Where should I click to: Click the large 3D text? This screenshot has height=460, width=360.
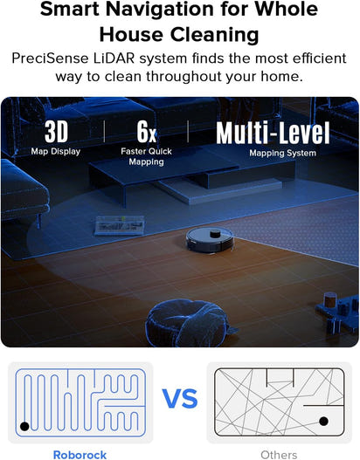coord(56,133)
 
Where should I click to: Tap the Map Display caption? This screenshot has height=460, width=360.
coord(56,151)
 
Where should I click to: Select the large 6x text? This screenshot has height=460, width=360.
coord(146,133)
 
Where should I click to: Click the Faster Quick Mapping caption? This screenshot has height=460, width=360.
coord(146,156)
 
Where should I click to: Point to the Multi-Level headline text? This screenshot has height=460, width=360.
coord(273,134)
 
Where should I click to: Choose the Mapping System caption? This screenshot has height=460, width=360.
coord(273,153)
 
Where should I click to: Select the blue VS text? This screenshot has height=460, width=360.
coord(180,400)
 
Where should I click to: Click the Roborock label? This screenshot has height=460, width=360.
coord(80,454)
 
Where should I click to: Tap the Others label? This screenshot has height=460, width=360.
coord(279,454)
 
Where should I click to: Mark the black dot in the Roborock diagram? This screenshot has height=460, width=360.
coord(24,425)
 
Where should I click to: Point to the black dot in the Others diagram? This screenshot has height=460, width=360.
coord(323,421)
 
